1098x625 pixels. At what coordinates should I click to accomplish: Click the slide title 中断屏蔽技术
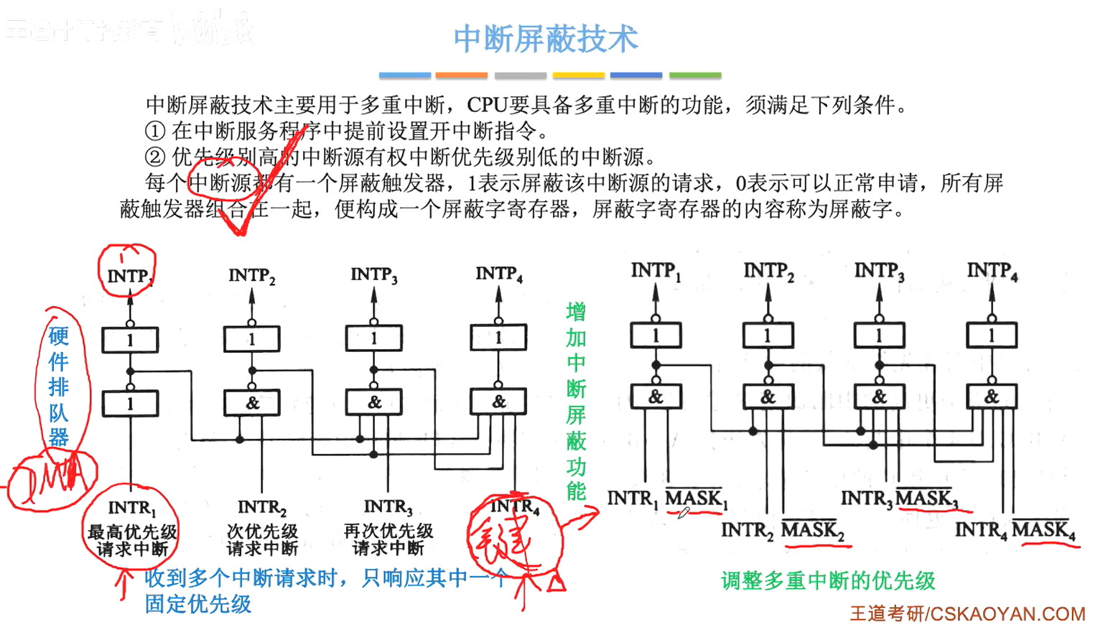click(x=546, y=39)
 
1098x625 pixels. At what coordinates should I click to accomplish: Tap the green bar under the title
click(x=694, y=75)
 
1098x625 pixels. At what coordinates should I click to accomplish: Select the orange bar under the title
click(x=461, y=75)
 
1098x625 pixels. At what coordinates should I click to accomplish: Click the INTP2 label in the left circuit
click(x=251, y=276)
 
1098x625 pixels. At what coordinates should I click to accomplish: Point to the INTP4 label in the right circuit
click(x=992, y=272)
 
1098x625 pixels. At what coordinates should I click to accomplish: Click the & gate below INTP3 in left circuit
click(x=373, y=402)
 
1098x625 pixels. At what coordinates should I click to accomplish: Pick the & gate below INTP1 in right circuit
click(x=656, y=397)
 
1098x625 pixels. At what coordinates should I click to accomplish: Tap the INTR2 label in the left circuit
click(x=262, y=508)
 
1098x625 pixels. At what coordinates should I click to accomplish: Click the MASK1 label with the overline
click(x=695, y=498)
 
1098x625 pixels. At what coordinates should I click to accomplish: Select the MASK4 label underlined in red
click(x=1043, y=530)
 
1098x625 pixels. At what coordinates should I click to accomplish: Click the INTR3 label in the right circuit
click(x=867, y=498)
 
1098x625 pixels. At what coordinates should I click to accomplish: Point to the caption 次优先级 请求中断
click(x=262, y=540)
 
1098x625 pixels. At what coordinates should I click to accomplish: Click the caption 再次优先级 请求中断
click(x=388, y=540)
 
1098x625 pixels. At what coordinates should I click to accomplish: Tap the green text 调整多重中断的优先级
click(x=828, y=580)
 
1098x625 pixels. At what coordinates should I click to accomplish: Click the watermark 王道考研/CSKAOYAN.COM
click(x=967, y=614)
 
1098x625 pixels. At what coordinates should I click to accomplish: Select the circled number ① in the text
click(x=155, y=131)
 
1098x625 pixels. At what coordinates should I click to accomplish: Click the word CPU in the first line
click(x=488, y=106)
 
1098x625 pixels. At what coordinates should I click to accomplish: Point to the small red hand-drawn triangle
click(x=556, y=584)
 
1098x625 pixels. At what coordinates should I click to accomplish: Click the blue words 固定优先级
click(x=198, y=604)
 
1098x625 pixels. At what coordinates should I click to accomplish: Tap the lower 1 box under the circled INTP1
click(x=130, y=404)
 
